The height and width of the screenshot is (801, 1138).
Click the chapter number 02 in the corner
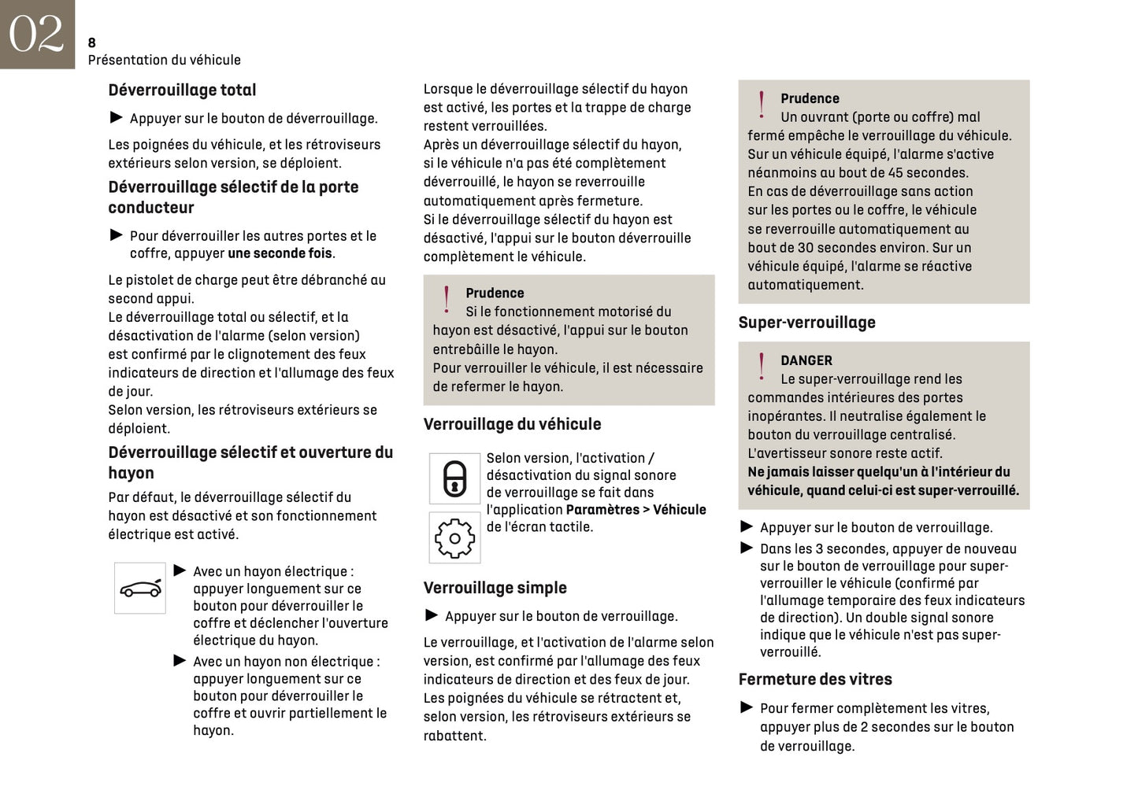point(36,34)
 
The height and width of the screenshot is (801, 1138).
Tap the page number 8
point(92,42)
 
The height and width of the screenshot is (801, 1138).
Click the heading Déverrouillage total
point(182,90)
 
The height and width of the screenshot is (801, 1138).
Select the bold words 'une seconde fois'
point(280,253)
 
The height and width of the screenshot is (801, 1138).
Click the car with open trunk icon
point(140,589)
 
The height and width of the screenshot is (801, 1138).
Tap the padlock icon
point(454,478)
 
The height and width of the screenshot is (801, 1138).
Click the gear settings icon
point(454,538)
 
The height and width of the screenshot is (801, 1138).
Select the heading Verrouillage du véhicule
point(512,424)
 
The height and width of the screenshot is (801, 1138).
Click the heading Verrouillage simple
point(495,588)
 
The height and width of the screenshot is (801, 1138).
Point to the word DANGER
point(806,360)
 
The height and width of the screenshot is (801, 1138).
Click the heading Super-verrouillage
point(806,323)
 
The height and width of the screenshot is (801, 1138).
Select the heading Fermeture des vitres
point(815,679)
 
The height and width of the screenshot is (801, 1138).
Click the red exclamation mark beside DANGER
point(761,367)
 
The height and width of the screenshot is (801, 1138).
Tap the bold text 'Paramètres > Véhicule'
point(636,510)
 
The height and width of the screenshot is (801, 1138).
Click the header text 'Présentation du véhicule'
point(164,60)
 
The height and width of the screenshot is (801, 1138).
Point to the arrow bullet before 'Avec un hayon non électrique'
point(180,661)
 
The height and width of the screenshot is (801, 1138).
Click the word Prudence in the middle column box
point(495,293)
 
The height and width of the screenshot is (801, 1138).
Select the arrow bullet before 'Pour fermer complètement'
point(747,707)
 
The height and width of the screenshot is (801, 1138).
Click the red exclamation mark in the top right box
point(761,105)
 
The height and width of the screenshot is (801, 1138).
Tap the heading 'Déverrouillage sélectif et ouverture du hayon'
point(250,463)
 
